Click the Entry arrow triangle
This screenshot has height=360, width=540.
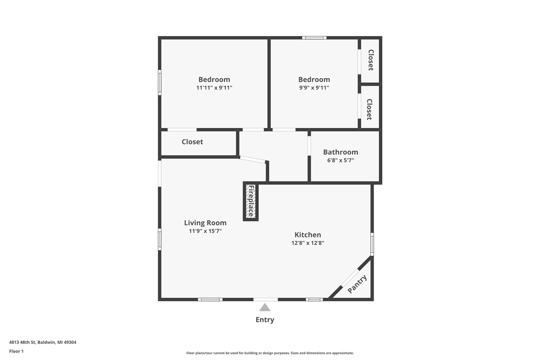pos(265,308)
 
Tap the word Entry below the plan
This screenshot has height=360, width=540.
pos(265,320)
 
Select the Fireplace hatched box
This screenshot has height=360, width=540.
pos(251,201)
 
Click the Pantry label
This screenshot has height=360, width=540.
pos(357,284)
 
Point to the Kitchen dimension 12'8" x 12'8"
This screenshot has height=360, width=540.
pos(308,243)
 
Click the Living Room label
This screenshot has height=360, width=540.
pos(205,223)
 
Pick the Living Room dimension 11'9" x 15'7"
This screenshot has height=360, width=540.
pos(205,231)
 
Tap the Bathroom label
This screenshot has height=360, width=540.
pos(340,152)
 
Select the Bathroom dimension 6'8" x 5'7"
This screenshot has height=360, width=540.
pos(340,160)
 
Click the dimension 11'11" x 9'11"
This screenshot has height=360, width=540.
pos(214,88)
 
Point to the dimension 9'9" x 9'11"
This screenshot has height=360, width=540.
pos(314,88)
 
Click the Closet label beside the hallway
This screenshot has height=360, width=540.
pos(192,142)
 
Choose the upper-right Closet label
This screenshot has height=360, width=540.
pos(370,60)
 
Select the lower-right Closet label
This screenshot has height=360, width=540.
pos(369,109)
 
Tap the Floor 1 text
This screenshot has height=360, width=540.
pos(16,351)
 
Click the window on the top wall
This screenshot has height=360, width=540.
pos(314,38)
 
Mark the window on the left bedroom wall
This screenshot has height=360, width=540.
pos(160,82)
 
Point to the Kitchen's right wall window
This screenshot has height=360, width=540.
pos(372,244)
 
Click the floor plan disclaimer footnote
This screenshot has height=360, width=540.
pos(270,353)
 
